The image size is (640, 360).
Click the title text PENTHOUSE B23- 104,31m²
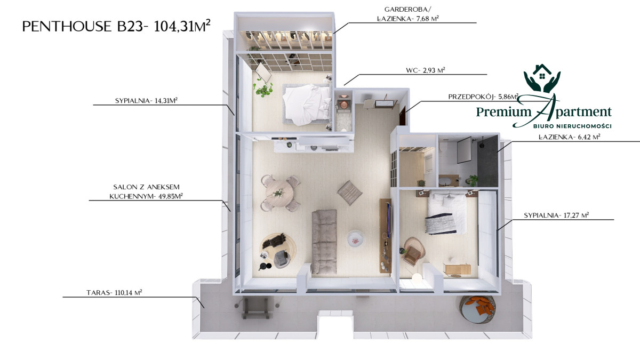(x=116, y=26)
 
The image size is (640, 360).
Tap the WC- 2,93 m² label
(x=426, y=70)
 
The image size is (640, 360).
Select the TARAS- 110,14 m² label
(x=114, y=292)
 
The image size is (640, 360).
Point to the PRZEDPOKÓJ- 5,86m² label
(x=483, y=97)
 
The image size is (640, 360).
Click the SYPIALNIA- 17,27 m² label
(x=556, y=215)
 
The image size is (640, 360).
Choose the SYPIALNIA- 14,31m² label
(x=146, y=100)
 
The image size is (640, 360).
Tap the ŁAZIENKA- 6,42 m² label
(x=570, y=137)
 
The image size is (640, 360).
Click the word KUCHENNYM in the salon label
(x=133, y=196)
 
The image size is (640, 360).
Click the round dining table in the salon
(x=279, y=193)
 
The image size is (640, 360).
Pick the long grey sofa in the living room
(x=324, y=242)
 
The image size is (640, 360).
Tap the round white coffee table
(x=355, y=238)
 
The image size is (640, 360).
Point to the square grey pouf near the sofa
(x=350, y=193)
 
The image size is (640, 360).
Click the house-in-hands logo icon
(x=542, y=78)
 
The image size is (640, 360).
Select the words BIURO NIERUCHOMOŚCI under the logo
(x=572, y=126)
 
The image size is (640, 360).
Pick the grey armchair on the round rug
(x=282, y=259)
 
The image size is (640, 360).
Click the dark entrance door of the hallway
(x=403, y=116)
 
